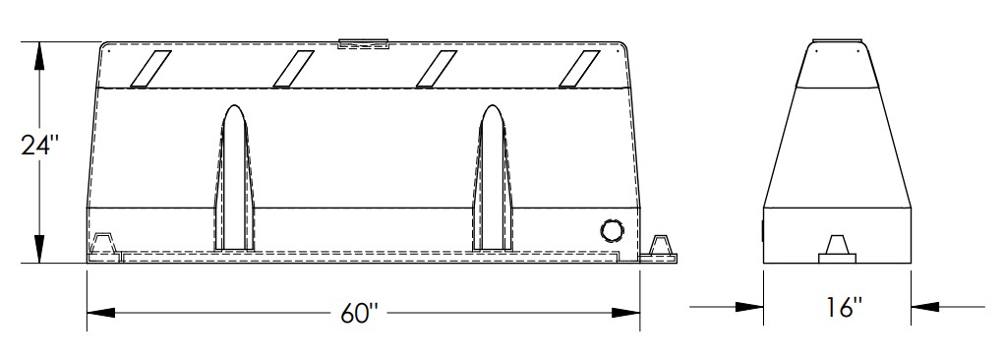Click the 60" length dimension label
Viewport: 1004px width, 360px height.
tap(361, 313)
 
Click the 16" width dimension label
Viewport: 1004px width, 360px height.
tap(843, 308)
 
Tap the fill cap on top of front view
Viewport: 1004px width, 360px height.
tap(363, 43)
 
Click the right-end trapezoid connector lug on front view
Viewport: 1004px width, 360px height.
tap(663, 244)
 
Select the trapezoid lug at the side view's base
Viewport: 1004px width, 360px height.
tap(838, 246)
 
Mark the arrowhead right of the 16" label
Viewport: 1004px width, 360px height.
tap(925, 308)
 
